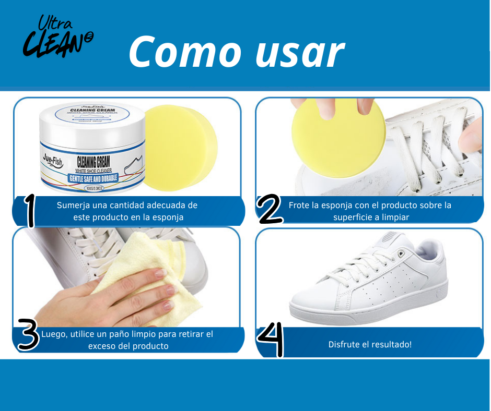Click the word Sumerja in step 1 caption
coord(73,205)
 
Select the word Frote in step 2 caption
coord(300,205)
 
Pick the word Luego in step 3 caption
coord(53,334)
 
